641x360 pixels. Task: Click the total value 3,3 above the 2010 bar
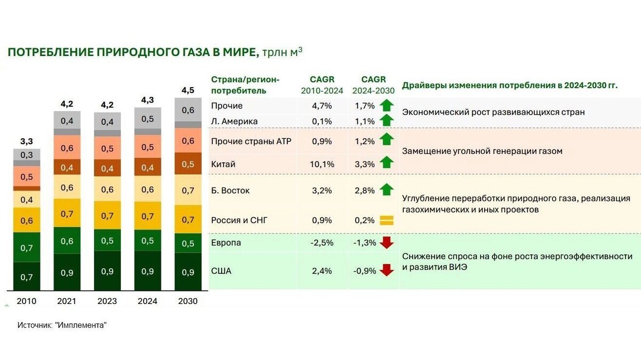pos(27,142)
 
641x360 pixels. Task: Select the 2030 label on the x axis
pos(187,301)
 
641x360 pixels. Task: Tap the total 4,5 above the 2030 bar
pos(187,90)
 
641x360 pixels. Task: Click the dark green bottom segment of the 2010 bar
pos(27,276)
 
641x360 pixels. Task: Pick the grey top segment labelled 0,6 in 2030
pos(187,110)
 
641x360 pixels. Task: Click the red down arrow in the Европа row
pos(386,242)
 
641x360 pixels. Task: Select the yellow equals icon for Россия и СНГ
pos(386,220)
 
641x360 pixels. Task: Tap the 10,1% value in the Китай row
pos(322,164)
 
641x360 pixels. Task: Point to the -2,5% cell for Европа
pos(322,242)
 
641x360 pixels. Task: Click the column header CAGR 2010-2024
pos(322,85)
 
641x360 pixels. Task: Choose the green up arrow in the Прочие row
pos(386,105)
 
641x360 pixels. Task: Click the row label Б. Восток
pos(230,190)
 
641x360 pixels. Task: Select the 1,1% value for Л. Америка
pos(365,121)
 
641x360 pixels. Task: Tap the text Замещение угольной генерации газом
pos(482,151)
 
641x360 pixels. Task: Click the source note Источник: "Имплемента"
pos(62,325)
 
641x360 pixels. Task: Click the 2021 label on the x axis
pos(67,301)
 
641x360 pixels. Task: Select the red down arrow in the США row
pos(386,271)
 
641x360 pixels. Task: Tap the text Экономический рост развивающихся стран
pos(493,112)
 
